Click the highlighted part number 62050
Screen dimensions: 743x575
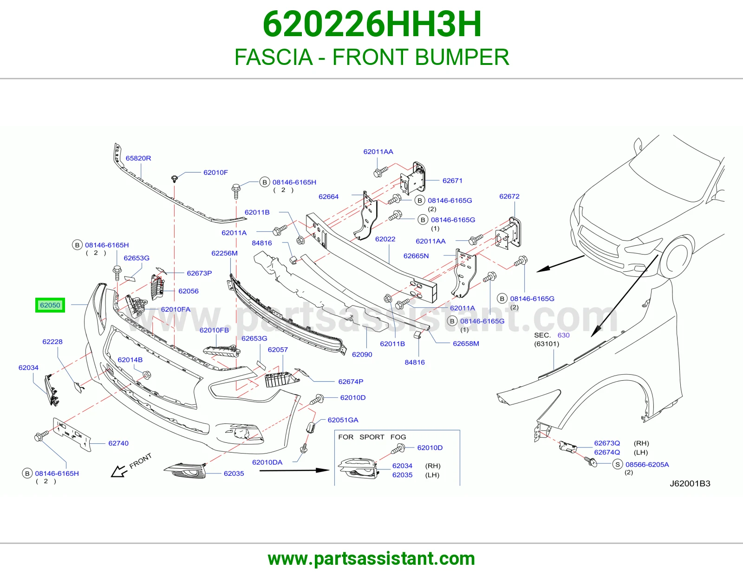[x=50, y=305]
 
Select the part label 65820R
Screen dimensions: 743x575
[x=138, y=158]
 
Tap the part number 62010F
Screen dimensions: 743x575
[x=215, y=172]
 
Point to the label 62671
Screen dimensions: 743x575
[x=452, y=181]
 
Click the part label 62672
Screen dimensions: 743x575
[x=509, y=196]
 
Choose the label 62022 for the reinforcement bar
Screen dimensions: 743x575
[x=385, y=239]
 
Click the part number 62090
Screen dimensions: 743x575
[x=362, y=354]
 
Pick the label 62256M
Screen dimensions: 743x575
[x=224, y=253]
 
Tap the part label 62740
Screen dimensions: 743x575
[x=118, y=443]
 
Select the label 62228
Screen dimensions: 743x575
[x=52, y=341]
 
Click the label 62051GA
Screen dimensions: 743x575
[x=343, y=420]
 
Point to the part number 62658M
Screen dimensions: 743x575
[x=466, y=344]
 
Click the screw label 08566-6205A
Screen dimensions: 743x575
[x=647, y=464]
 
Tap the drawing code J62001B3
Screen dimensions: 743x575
[x=690, y=484]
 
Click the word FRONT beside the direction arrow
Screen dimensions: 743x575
[x=140, y=461]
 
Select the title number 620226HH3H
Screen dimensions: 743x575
[x=372, y=24]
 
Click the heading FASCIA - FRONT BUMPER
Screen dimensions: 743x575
[x=371, y=57]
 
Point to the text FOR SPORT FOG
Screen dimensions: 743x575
[x=372, y=437]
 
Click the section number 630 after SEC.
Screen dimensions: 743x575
[x=563, y=335]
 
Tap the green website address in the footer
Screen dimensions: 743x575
[x=371, y=559]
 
